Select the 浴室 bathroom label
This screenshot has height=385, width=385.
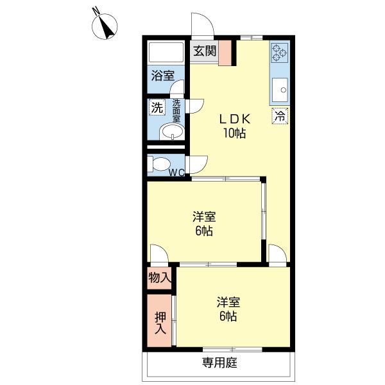[162, 75]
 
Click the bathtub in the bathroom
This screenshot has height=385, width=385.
[166, 52]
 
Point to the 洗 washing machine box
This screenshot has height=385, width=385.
[157, 108]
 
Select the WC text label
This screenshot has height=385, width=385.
[177, 172]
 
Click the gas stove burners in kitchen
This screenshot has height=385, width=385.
[279, 53]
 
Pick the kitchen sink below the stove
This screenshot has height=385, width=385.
[280, 90]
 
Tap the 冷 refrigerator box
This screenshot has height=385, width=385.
[280, 116]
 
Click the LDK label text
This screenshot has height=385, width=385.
[235, 119]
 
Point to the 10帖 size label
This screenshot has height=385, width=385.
[235, 133]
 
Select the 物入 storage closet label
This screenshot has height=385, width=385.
[160, 278]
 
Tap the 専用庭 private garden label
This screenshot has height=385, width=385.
[219, 363]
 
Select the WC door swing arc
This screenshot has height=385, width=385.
[196, 164]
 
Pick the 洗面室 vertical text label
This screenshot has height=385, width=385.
[176, 111]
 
